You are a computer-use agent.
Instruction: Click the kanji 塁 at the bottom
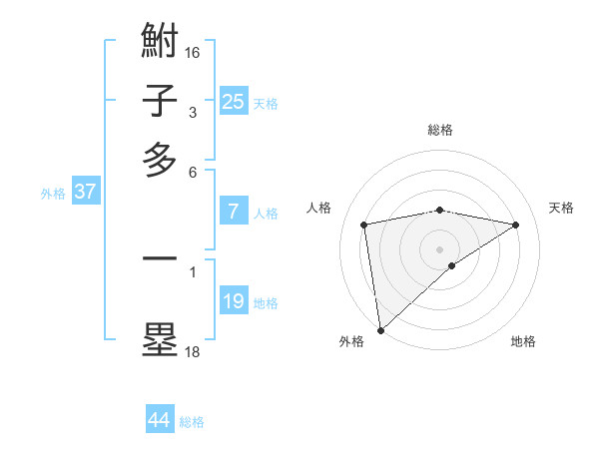[x=160, y=338]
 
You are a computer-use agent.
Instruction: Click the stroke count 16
[x=193, y=51]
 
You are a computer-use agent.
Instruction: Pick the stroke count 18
[x=193, y=351]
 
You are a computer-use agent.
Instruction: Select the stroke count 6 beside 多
[x=193, y=172]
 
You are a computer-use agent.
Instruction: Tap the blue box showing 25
[x=233, y=102]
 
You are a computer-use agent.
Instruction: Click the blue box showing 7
[x=233, y=212]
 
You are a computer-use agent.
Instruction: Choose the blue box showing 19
[x=233, y=301]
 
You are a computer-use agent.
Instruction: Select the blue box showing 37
[x=85, y=192]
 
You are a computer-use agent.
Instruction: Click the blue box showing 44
[x=159, y=420]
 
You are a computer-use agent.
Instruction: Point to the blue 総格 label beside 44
[x=192, y=423]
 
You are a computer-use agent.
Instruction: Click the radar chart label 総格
[x=439, y=130]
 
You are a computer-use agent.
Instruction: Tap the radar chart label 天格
[x=561, y=208]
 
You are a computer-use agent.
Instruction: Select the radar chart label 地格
[x=523, y=342]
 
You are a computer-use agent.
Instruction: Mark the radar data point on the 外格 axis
[x=380, y=329]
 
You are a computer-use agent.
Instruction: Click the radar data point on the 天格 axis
[x=516, y=226]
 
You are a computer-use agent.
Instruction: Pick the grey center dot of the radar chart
[x=439, y=248]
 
